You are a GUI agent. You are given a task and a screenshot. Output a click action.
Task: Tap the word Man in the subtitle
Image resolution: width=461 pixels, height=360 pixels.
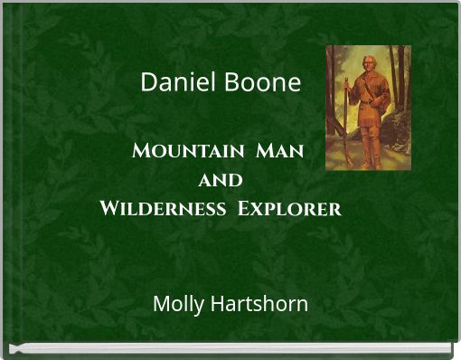[279, 150]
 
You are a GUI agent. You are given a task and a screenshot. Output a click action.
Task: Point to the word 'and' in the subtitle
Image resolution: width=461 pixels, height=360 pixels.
[219, 180]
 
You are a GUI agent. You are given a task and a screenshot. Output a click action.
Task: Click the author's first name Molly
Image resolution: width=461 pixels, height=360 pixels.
[177, 304]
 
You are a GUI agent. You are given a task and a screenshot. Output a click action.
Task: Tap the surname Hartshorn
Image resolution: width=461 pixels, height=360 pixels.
[258, 303]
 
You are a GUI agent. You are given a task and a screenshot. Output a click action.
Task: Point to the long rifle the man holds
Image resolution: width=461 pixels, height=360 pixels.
[345, 118]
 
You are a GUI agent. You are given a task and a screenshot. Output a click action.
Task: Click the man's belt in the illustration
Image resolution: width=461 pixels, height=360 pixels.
[369, 99]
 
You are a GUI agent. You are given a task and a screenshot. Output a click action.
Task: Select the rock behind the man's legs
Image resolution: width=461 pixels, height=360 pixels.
[394, 136]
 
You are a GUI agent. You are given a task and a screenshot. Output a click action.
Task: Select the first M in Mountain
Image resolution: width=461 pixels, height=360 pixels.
[141, 150]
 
